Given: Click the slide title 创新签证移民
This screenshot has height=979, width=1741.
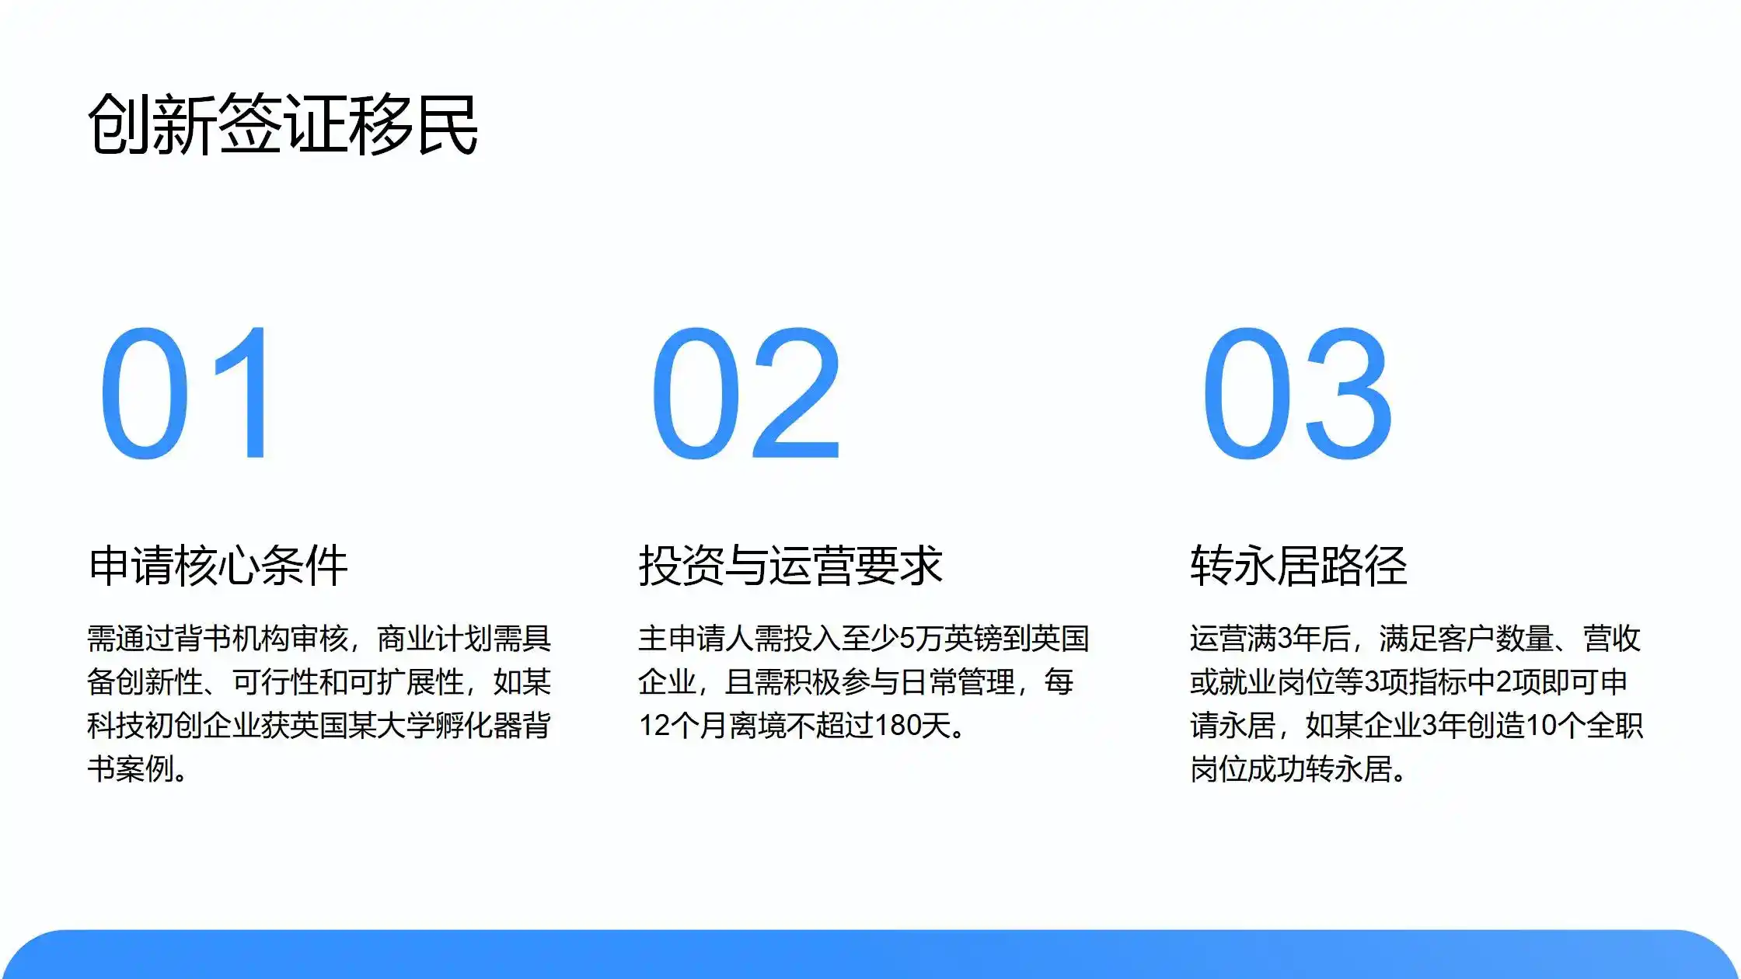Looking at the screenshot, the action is pyautogui.click(x=283, y=124).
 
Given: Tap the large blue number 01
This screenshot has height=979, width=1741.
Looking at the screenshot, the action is pyautogui.click(x=187, y=393).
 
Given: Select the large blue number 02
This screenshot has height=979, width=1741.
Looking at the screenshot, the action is pyautogui.click(x=747, y=393).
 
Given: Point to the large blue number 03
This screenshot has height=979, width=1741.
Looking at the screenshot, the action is pyautogui.click(x=1297, y=393).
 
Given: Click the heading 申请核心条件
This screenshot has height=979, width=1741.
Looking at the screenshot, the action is pyautogui.click(x=218, y=565).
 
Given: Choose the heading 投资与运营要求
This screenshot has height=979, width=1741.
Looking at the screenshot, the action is pyautogui.click(x=790, y=565).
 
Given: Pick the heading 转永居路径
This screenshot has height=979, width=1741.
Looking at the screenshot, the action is pyautogui.click(x=1299, y=565).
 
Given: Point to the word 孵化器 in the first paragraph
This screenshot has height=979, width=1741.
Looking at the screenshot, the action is pyautogui.click(x=479, y=726).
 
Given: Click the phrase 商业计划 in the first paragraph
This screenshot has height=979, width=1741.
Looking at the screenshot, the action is pyautogui.click(x=435, y=639).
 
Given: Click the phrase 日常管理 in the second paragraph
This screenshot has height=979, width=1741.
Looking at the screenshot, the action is pyautogui.click(x=958, y=682).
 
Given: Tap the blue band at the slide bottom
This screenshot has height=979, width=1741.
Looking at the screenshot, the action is pyautogui.click(x=870, y=955).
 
